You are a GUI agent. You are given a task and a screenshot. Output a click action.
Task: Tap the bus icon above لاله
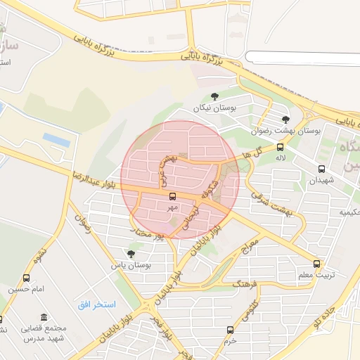281,148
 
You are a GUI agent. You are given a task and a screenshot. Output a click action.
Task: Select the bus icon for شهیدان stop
322,169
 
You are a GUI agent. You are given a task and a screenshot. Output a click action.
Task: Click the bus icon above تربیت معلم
316,264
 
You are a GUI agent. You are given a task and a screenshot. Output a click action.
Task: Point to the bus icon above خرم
230,330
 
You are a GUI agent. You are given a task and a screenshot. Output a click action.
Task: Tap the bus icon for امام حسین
27,278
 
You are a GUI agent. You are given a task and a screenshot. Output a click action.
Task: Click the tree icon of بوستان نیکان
214,97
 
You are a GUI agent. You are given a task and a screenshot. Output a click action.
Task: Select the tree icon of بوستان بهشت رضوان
285,120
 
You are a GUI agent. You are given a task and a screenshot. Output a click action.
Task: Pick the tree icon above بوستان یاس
131,254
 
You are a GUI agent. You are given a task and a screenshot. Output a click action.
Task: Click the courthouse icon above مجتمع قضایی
44,317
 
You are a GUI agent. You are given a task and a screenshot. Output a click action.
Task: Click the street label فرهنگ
245,283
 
